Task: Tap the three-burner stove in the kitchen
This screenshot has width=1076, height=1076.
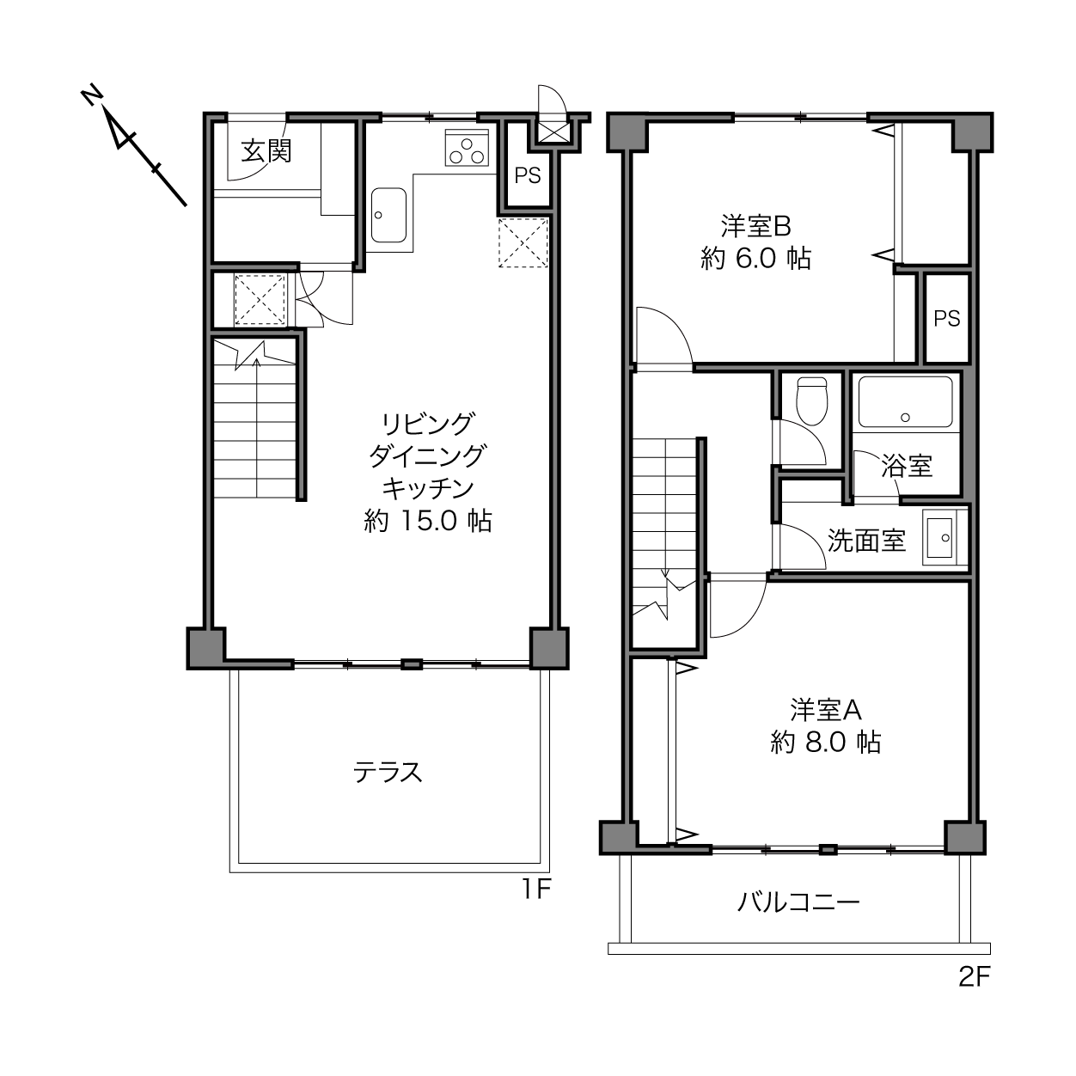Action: coord(467,148)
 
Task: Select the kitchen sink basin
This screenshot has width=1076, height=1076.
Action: coord(388,215)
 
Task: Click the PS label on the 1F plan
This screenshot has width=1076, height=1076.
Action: coord(527,175)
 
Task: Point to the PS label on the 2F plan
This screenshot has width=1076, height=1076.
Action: coord(946,318)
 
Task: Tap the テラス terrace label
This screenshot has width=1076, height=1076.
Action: coord(388,773)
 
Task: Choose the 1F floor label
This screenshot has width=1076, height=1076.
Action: coord(536,890)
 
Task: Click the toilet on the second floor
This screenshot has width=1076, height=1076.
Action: coord(811,400)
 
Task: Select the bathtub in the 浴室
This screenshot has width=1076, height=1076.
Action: coord(905,401)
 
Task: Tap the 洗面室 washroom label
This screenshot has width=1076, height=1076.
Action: coord(866,540)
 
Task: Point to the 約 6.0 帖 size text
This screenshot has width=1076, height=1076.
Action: coord(755,259)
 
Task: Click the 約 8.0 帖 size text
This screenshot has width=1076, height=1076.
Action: coord(826,742)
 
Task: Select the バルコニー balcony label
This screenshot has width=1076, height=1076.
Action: coord(798,902)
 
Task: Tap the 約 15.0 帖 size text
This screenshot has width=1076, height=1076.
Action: coord(428,521)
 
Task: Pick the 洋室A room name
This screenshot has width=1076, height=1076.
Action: coord(826,710)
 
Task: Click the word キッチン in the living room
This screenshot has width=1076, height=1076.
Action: coord(428,488)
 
